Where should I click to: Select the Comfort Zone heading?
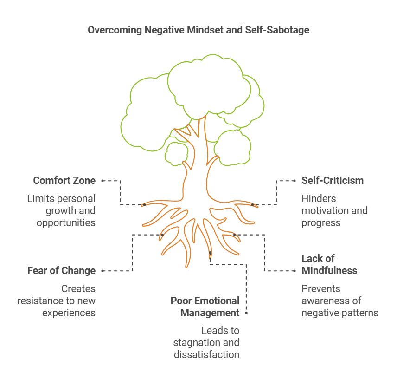(x=64, y=181)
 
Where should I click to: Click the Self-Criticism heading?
(x=333, y=181)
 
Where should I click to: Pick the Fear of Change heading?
(x=62, y=271)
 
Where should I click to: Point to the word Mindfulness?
(x=329, y=271)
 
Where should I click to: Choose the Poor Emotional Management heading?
(x=205, y=307)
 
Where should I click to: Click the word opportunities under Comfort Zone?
(x=66, y=223)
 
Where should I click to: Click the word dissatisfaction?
(x=206, y=354)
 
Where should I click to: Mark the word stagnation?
(x=192, y=343)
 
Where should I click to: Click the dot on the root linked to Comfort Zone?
(x=144, y=205)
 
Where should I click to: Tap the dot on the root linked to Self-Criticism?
(x=252, y=205)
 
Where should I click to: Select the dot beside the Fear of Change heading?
(x=102, y=271)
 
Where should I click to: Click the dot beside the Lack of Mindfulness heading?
(x=295, y=271)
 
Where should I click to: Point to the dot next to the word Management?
(x=246, y=313)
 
